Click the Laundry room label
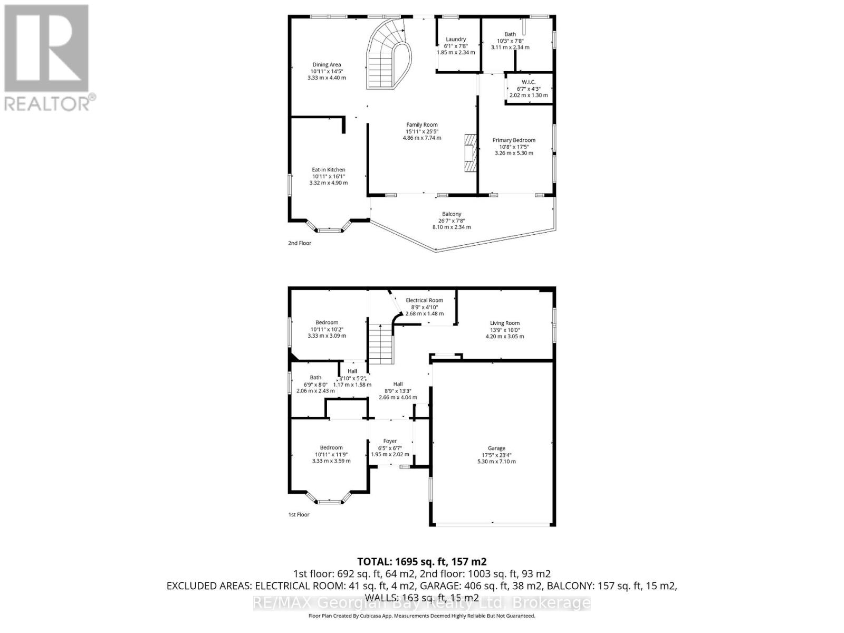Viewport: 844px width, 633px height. click(456, 40)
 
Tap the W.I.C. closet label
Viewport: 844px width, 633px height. click(529, 82)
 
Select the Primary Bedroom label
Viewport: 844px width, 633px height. click(514, 140)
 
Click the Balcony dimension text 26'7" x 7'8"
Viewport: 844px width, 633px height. click(452, 220)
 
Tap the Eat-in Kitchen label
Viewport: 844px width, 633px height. click(328, 170)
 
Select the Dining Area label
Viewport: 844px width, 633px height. click(327, 65)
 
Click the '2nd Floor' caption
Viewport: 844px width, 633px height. click(300, 243)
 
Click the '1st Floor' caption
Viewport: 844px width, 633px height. click(299, 514)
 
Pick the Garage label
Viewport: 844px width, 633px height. click(496, 448)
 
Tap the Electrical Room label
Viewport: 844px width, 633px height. click(424, 300)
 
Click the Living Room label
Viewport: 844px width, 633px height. click(505, 323)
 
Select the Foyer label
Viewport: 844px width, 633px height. click(390, 441)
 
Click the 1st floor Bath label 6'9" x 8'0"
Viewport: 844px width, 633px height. click(315, 378)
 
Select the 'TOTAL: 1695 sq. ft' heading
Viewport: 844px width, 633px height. click(421, 561)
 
